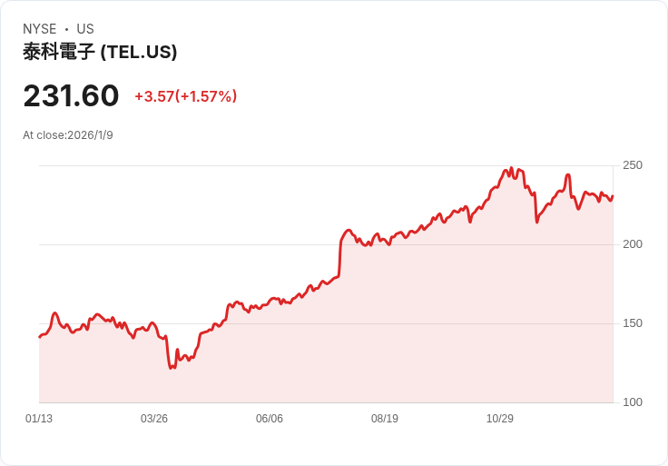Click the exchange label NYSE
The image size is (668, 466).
tap(40, 29)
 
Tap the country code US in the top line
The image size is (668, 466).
tap(85, 29)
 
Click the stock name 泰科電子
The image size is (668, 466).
tap(59, 52)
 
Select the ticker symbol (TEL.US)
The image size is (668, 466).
tap(139, 52)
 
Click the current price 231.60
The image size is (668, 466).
tap(71, 95)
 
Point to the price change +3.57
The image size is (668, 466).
tap(154, 96)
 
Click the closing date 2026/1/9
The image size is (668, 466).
tap(90, 135)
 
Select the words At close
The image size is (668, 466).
tap(44, 135)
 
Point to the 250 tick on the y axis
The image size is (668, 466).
tap(633, 165)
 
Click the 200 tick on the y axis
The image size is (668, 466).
tap(633, 244)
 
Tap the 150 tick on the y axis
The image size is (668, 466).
tap(633, 323)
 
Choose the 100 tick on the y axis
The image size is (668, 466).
tap(633, 402)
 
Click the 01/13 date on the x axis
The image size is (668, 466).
tap(39, 419)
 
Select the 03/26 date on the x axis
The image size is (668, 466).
tap(154, 419)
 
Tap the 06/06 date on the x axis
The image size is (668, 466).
tap(270, 419)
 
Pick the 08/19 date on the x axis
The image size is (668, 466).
tap(385, 419)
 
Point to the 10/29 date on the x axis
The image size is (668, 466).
tap(500, 419)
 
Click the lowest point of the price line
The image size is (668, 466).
tap(171, 368)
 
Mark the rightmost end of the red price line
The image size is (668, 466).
tap(613, 196)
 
